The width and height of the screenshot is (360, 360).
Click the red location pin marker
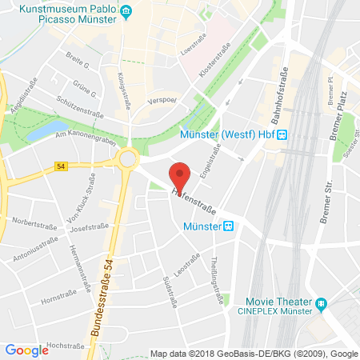181,176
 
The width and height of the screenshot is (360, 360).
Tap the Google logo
26,350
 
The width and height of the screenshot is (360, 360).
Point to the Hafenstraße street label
198,203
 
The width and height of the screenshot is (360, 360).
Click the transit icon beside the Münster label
230,226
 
